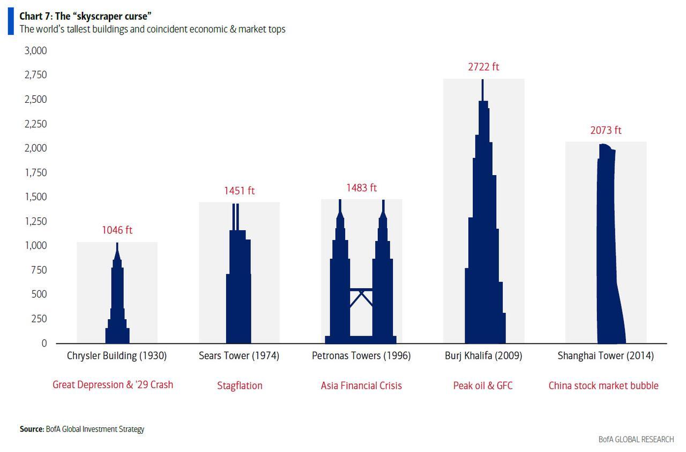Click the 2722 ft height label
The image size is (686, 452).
[x=483, y=67]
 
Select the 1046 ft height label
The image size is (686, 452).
[x=117, y=230]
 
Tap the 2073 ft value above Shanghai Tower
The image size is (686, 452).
[x=606, y=130]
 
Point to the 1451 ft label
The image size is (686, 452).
[x=239, y=191]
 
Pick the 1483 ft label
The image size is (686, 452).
[x=361, y=187]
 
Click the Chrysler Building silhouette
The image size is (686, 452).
[x=117, y=305]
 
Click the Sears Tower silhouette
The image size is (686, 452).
[x=238, y=289]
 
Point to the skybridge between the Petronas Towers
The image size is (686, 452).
[x=361, y=290]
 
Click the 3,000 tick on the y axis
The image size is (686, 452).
[x=36, y=50]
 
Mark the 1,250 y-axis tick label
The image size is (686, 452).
[x=36, y=221]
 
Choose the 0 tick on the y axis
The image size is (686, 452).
[x=44, y=343]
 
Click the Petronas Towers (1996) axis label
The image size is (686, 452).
[x=361, y=356]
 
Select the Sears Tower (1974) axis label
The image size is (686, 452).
[x=239, y=356]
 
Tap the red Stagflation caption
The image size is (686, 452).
[x=240, y=386]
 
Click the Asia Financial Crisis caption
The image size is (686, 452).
[x=361, y=386]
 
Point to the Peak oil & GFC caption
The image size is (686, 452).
[x=483, y=386]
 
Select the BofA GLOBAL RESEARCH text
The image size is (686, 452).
[x=636, y=439]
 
